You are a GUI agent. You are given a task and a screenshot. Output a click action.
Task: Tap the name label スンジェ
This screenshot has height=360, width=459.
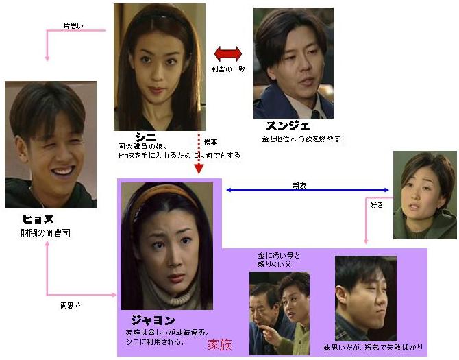(x=288, y=126)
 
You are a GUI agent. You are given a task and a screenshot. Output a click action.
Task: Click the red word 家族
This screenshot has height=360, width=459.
(x=220, y=345)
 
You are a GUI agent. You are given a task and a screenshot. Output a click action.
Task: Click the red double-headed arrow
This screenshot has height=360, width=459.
(x=228, y=53)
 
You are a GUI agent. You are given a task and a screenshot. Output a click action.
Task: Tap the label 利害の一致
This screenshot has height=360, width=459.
(x=227, y=70)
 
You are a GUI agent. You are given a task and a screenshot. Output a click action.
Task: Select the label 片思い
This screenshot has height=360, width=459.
(x=73, y=26)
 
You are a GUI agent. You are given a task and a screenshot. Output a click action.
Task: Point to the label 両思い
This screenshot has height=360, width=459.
(x=71, y=304)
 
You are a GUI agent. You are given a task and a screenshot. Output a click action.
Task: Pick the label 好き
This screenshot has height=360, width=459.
(x=376, y=205)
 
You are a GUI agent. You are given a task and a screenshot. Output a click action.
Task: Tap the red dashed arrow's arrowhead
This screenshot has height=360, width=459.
(x=199, y=169)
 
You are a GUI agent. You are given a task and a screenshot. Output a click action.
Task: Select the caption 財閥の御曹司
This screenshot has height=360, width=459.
(x=45, y=234)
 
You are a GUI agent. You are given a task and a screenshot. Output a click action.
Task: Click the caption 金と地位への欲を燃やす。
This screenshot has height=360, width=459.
(x=303, y=139)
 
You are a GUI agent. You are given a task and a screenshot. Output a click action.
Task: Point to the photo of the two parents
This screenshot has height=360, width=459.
(x=279, y=312)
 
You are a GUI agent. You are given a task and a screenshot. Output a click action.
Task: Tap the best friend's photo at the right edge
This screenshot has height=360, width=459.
(x=425, y=195)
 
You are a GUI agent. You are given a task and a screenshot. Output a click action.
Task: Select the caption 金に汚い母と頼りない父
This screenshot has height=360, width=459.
(x=279, y=260)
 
